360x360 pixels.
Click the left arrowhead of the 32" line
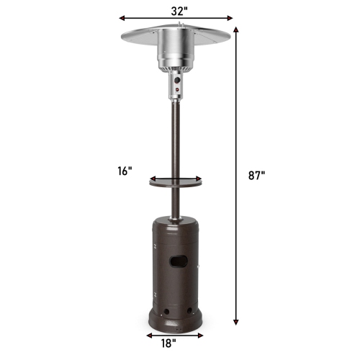122,18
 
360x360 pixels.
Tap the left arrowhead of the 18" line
148,335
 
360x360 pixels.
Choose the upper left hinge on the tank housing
156,243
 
